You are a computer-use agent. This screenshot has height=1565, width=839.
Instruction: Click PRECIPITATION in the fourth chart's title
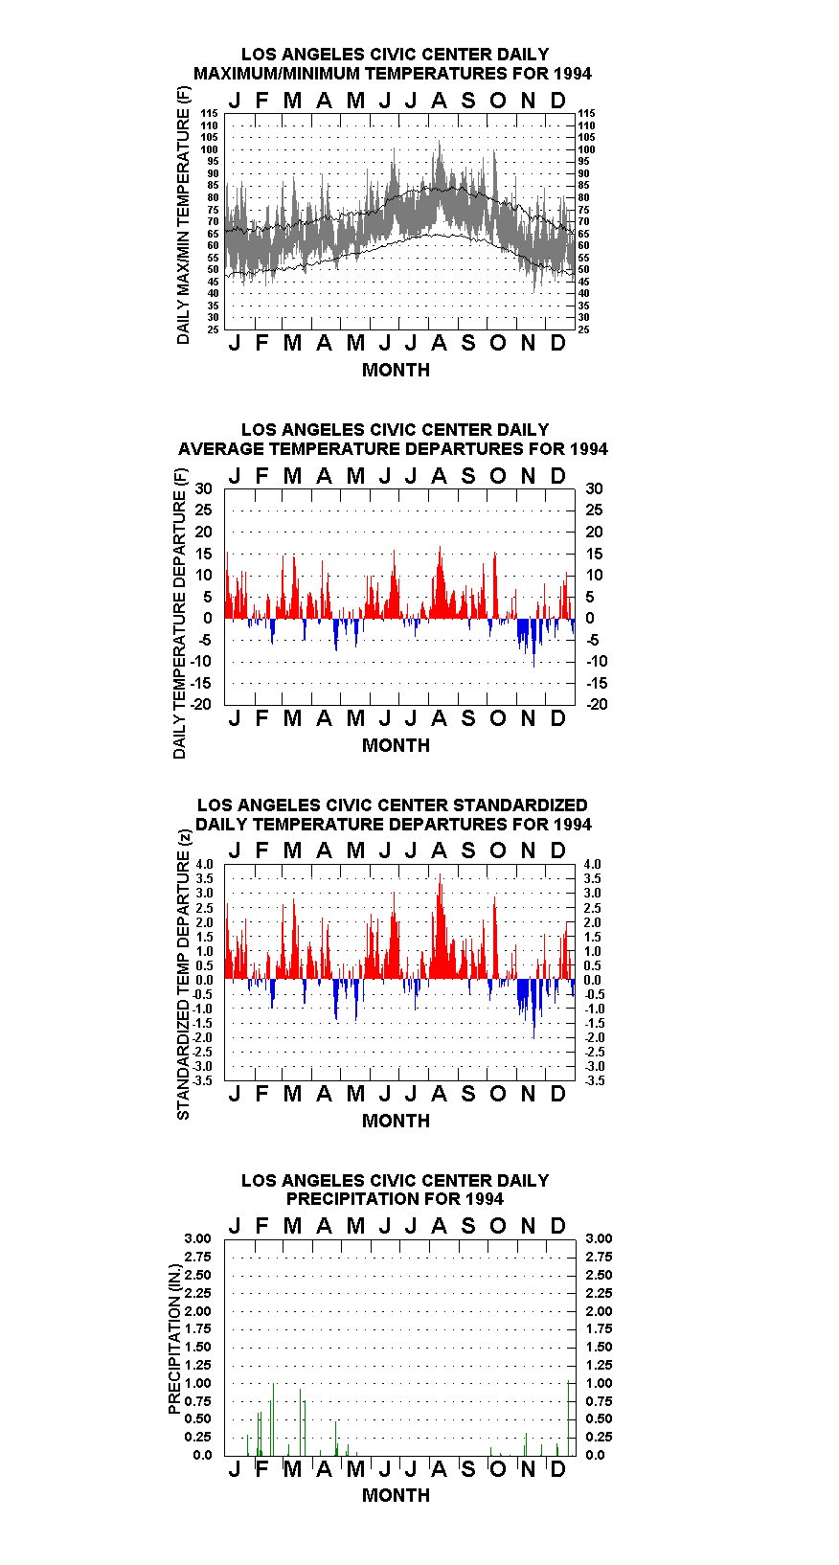(341, 1199)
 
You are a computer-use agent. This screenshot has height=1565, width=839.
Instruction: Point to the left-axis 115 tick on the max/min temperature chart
(210, 113)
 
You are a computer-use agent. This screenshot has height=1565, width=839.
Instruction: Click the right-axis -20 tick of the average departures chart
(598, 704)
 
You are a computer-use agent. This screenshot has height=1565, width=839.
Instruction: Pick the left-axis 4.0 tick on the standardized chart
(204, 864)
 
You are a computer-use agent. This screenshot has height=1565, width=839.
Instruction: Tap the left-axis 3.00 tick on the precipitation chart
(197, 1238)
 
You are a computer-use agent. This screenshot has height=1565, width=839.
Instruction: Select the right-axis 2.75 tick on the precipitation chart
(599, 1257)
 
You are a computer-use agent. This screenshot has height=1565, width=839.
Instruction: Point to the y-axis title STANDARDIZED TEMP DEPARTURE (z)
(183, 974)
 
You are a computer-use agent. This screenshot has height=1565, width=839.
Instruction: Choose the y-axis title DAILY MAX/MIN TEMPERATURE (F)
(183, 215)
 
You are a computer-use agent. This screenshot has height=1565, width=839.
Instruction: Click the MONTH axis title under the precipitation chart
(397, 1495)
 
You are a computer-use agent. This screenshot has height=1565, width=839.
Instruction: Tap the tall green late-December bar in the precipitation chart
(569, 1418)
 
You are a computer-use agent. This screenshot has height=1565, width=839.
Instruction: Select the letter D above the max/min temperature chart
(557, 101)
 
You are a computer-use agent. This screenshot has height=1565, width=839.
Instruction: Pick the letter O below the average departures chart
(497, 719)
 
